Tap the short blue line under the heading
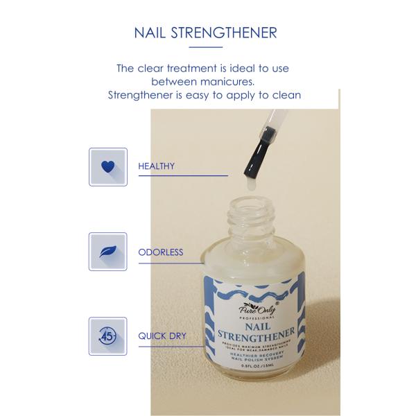coord(206,47)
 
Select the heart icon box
coord(107,166)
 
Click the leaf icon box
coord(107,252)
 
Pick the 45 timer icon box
coord(107,336)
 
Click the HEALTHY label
coord(156,166)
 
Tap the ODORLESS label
coord(161,252)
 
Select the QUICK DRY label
coord(162,336)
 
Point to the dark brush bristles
coord(250,158)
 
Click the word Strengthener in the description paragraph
coord(142,94)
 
